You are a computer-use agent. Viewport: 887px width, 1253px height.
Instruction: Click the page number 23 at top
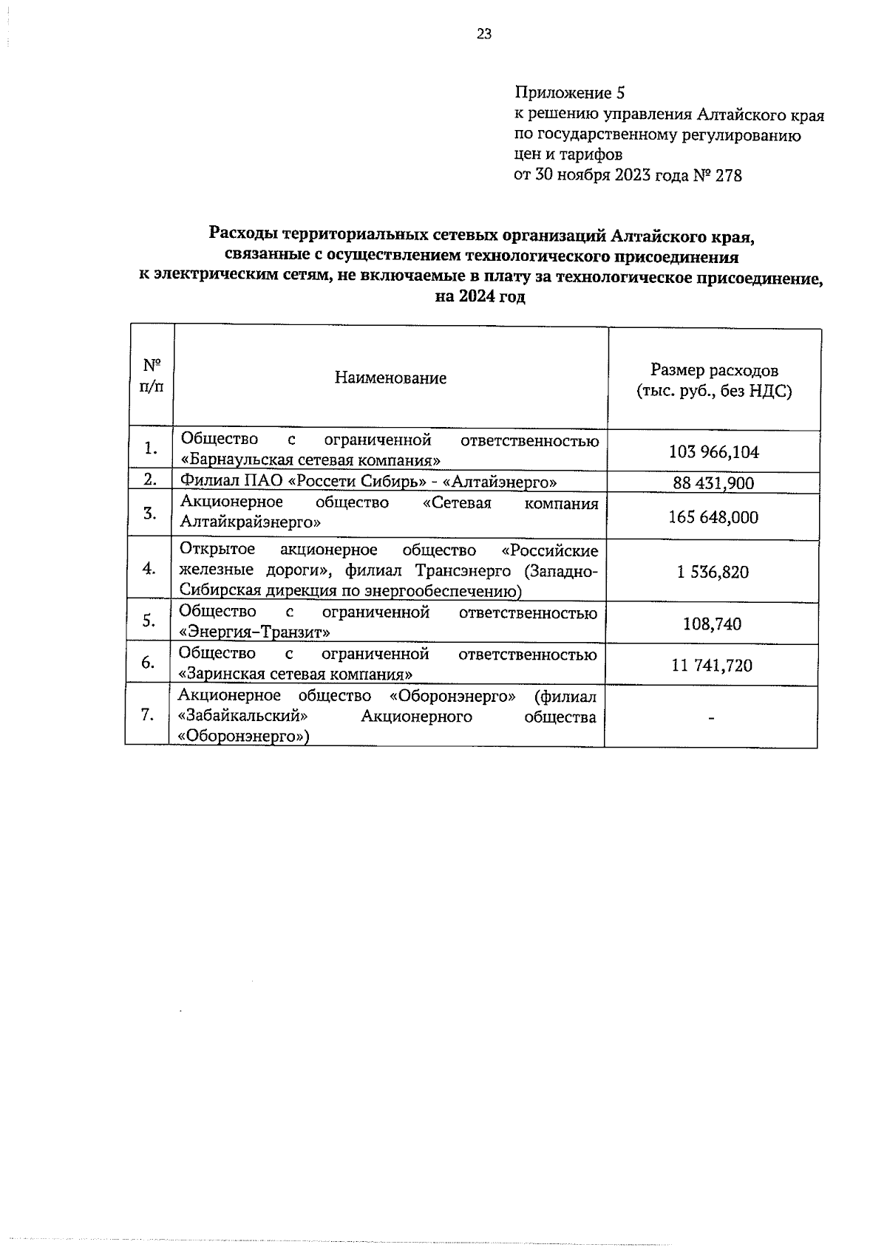tap(484, 34)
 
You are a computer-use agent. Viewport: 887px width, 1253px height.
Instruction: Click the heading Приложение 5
tap(569, 94)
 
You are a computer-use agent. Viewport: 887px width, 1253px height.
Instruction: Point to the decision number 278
tap(728, 176)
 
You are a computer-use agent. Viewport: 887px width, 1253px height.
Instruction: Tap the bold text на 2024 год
tap(480, 298)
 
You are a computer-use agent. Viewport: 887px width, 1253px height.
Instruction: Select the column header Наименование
tap(390, 378)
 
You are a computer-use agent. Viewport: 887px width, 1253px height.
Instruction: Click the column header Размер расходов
tap(714, 370)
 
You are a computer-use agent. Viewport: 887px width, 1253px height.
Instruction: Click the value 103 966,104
tap(713, 452)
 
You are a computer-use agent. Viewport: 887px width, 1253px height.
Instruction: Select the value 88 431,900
tap(713, 483)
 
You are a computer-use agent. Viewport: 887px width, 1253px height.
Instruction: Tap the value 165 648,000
tap(713, 517)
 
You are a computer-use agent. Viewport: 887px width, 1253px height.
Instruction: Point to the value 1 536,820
tap(713, 572)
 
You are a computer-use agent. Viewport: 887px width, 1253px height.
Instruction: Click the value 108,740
tap(712, 624)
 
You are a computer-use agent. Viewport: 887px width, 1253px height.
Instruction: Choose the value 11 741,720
tap(712, 666)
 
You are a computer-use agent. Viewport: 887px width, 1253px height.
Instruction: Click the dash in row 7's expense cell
tap(711, 717)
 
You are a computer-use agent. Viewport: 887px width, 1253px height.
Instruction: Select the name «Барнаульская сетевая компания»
tap(310, 460)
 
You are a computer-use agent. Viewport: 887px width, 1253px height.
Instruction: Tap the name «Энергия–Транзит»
tap(255, 632)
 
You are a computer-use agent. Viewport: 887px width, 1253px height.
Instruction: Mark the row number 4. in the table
tap(150, 569)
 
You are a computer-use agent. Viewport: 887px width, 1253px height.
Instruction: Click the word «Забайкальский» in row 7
tap(243, 717)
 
